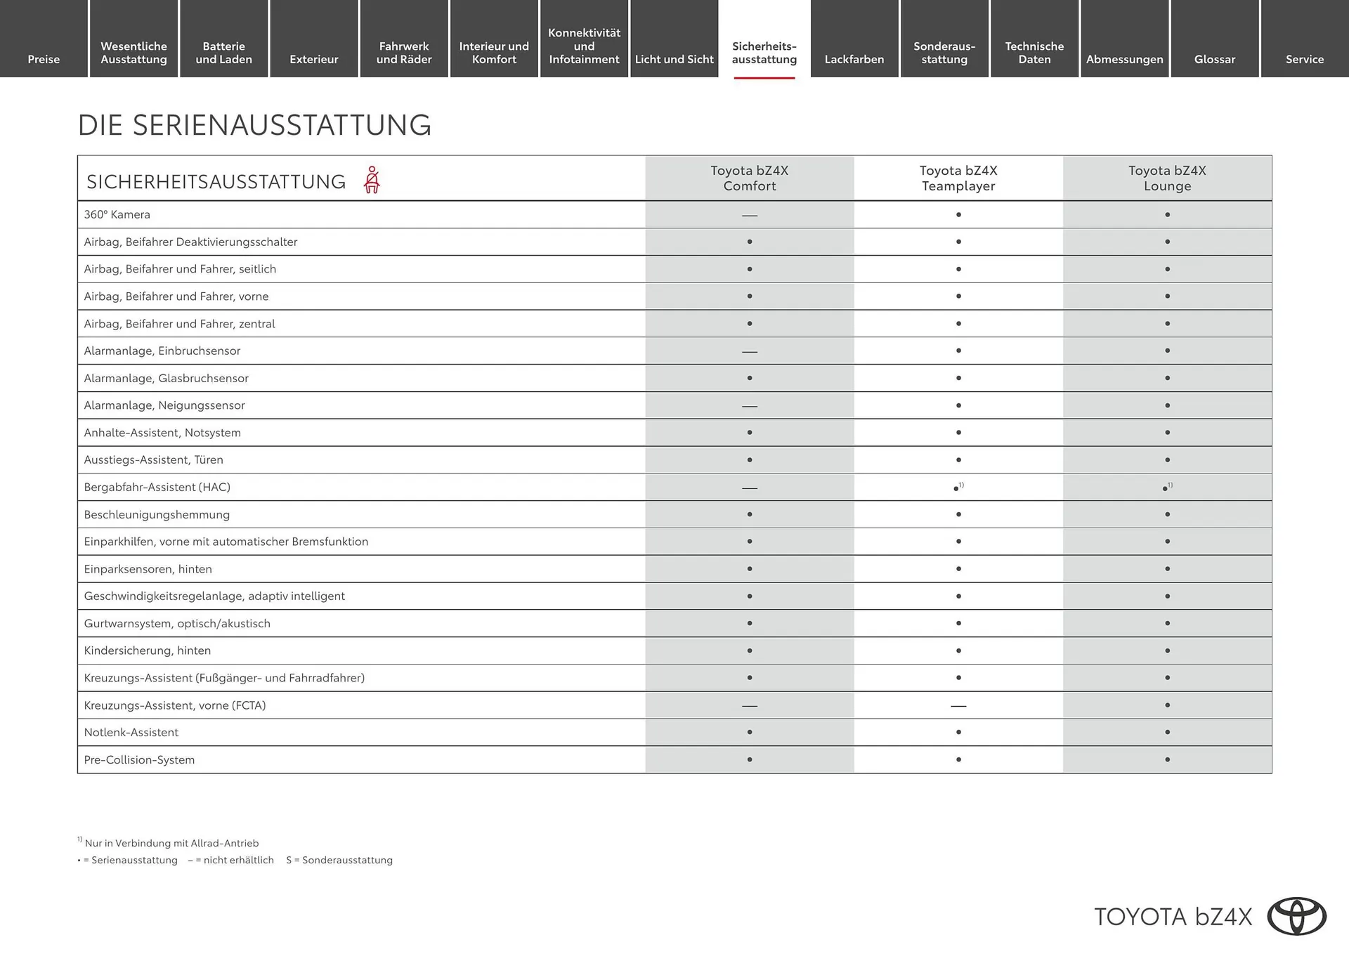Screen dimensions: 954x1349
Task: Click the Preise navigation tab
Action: coord(44,59)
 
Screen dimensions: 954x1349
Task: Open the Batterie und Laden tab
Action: coord(223,53)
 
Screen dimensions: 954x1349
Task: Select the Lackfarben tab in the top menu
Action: coord(854,59)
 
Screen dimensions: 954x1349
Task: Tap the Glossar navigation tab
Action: coord(1214,59)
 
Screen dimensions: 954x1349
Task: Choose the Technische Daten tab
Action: coord(1034,53)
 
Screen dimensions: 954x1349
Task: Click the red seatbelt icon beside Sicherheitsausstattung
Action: coord(372,180)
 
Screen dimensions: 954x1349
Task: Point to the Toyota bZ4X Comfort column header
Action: coord(749,178)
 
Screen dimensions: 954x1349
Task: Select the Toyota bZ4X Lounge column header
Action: coord(1167,178)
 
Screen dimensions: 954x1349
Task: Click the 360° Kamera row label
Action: coord(117,214)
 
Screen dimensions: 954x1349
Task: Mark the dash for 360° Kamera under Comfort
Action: coord(750,215)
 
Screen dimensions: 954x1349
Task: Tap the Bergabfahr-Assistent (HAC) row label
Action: coord(157,487)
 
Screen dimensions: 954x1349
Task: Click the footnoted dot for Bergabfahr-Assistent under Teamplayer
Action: coord(957,488)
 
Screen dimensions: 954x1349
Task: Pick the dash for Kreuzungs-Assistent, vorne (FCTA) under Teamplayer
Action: coord(958,705)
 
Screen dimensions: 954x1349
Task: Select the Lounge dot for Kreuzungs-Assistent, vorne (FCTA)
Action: coord(1167,705)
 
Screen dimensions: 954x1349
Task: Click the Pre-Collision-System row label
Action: coord(139,759)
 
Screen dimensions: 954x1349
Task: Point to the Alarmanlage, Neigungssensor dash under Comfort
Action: coord(750,406)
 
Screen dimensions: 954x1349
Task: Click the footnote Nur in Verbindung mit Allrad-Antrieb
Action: coord(171,843)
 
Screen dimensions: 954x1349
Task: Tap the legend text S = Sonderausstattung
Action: coord(339,860)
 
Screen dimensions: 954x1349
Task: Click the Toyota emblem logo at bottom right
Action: coord(1296,916)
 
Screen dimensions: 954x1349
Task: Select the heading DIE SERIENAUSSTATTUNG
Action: coord(254,125)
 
